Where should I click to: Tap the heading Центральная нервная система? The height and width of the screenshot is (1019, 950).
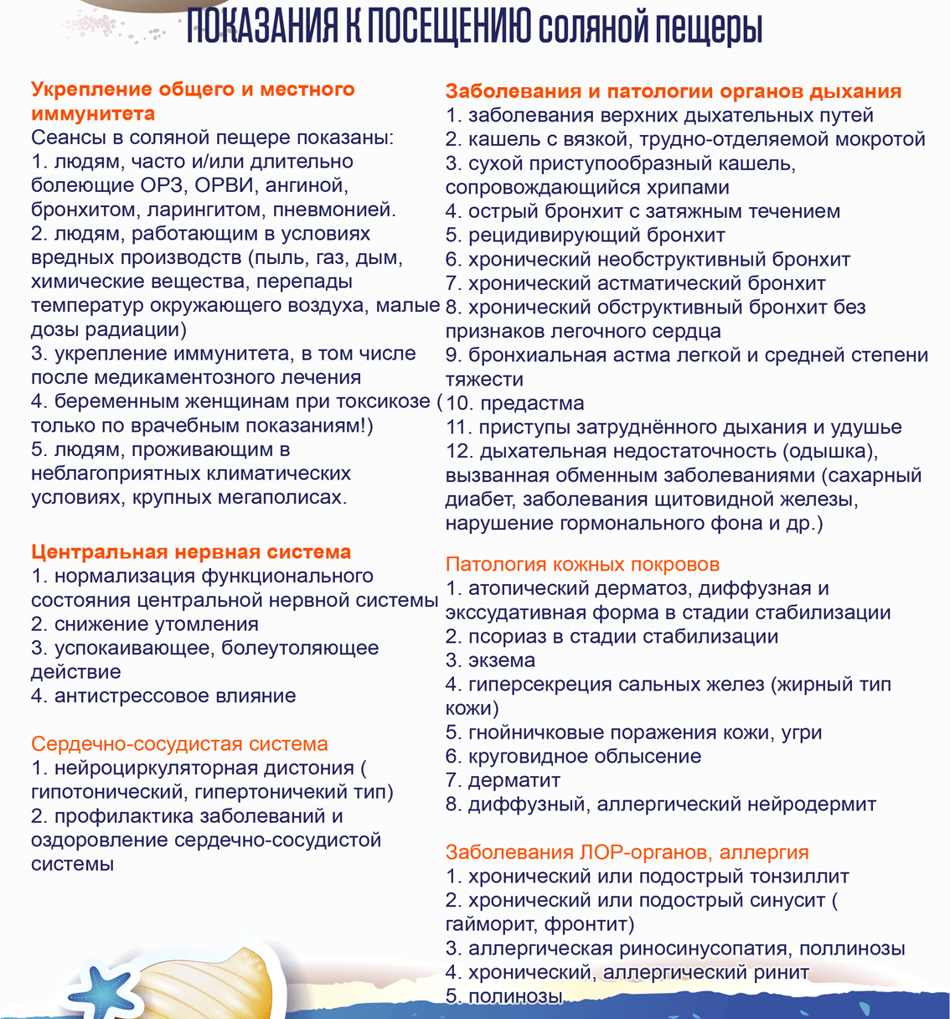[x=191, y=552]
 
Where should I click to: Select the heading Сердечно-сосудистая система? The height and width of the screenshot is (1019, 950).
[x=179, y=744]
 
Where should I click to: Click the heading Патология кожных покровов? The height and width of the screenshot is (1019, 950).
[x=582, y=564]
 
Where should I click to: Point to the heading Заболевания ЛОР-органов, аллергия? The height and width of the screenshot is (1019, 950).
[x=627, y=852]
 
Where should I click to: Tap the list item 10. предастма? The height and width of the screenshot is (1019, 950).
[x=514, y=403]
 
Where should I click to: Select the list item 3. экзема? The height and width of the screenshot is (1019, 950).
[x=490, y=660]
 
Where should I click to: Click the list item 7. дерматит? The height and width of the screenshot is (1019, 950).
[x=503, y=780]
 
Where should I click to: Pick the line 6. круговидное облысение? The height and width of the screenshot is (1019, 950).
[x=573, y=756]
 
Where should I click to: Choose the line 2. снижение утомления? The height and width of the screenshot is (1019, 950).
[x=144, y=624]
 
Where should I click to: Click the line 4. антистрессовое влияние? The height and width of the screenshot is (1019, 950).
[x=163, y=696]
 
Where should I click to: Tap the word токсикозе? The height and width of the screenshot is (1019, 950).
[x=379, y=401]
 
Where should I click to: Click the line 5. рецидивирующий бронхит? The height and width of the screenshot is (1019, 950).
[x=585, y=235]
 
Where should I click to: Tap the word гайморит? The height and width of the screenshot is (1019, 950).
[x=491, y=924]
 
